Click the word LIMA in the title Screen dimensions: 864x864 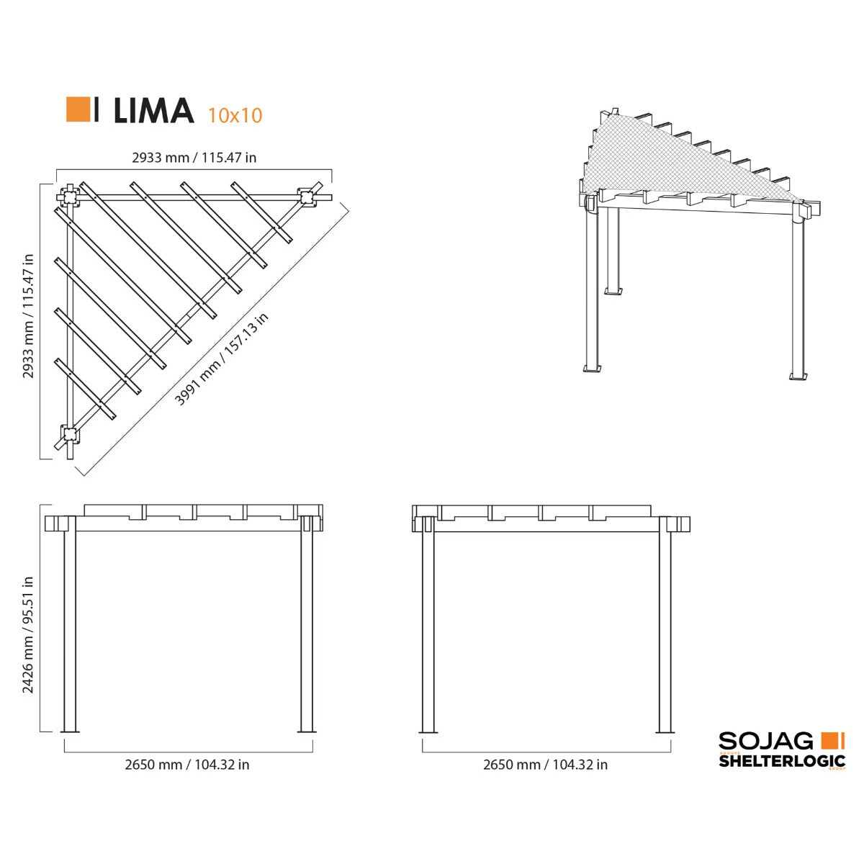(x=153, y=110)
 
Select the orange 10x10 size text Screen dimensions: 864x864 (x=235, y=115)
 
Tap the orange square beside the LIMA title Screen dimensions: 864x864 (x=78, y=109)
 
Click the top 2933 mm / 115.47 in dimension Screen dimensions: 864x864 (x=194, y=158)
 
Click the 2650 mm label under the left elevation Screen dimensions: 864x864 (x=187, y=765)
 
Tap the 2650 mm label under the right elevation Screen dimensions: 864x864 (x=545, y=765)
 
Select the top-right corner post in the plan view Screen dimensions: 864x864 (x=306, y=197)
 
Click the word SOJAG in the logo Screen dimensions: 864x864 (x=766, y=741)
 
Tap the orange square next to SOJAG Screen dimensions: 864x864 (x=830, y=740)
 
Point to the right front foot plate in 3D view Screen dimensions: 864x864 (x=799, y=375)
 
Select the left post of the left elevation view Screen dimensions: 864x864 (x=70, y=630)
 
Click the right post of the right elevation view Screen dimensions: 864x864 (x=665, y=630)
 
